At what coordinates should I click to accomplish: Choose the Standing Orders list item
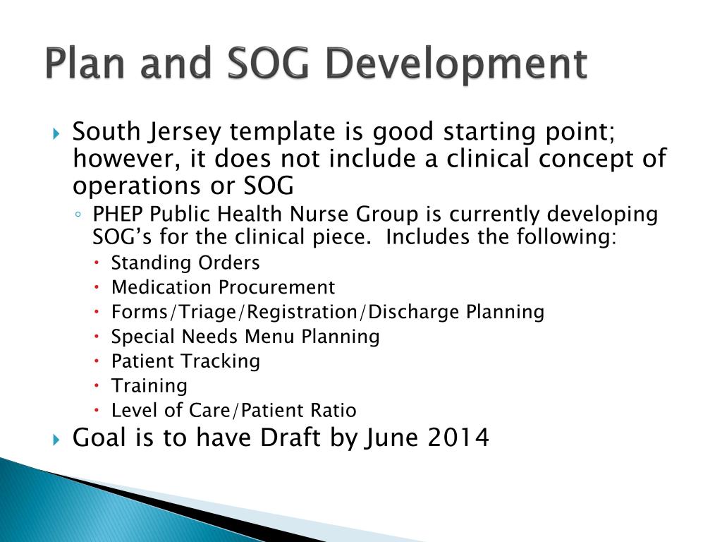pos(185,263)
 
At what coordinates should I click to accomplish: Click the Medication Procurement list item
pos(223,288)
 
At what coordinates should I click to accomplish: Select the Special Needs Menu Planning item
pos(245,337)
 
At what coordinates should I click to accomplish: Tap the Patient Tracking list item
pos(185,361)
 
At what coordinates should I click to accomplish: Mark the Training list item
pos(149,386)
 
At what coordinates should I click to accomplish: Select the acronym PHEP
pos(116,215)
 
